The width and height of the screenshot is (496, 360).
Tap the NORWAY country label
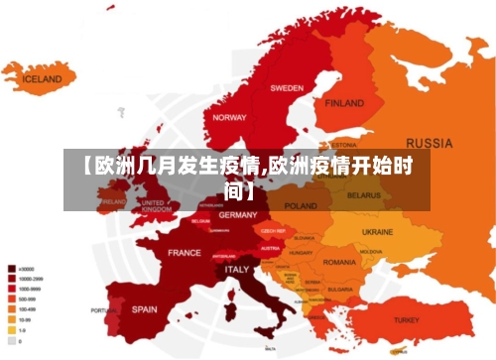pos(230,117)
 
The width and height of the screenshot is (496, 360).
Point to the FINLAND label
pos(344,102)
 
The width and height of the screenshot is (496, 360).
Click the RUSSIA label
pos(431,142)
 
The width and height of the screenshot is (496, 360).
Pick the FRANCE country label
pos(184,253)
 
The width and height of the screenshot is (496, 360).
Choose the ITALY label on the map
pos(237,269)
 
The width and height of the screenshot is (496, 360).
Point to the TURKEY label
pos(407,320)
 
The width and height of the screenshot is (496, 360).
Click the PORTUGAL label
pos(104,310)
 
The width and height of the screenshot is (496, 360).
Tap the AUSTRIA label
pos(269,248)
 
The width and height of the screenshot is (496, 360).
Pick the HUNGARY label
pos(300,253)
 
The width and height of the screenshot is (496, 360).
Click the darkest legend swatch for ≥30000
pos(11,268)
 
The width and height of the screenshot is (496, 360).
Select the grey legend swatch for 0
pos(11,340)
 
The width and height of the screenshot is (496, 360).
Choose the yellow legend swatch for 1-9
pos(11,330)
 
